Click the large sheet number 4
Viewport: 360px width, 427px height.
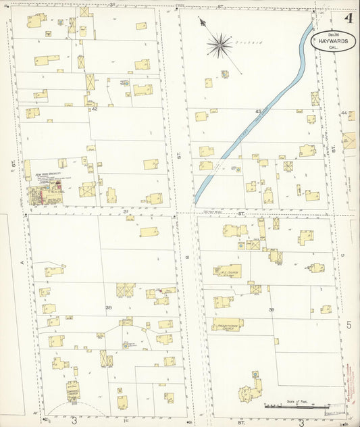[349, 18]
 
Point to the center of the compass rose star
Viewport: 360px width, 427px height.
[219, 45]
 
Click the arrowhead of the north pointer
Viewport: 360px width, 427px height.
[201, 21]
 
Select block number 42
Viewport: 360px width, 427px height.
[95, 108]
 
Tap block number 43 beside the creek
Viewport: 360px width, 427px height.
[258, 111]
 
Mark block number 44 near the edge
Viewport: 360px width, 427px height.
[344, 113]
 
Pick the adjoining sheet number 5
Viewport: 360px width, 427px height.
[349, 325]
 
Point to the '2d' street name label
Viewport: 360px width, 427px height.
[125, 211]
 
